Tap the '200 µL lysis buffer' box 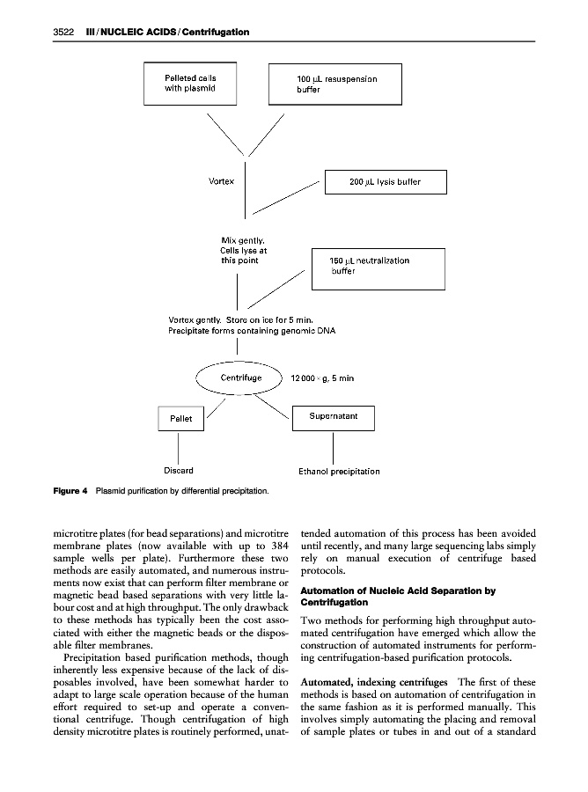386,182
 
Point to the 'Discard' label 180,471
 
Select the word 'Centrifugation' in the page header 215,33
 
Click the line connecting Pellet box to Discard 180,444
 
